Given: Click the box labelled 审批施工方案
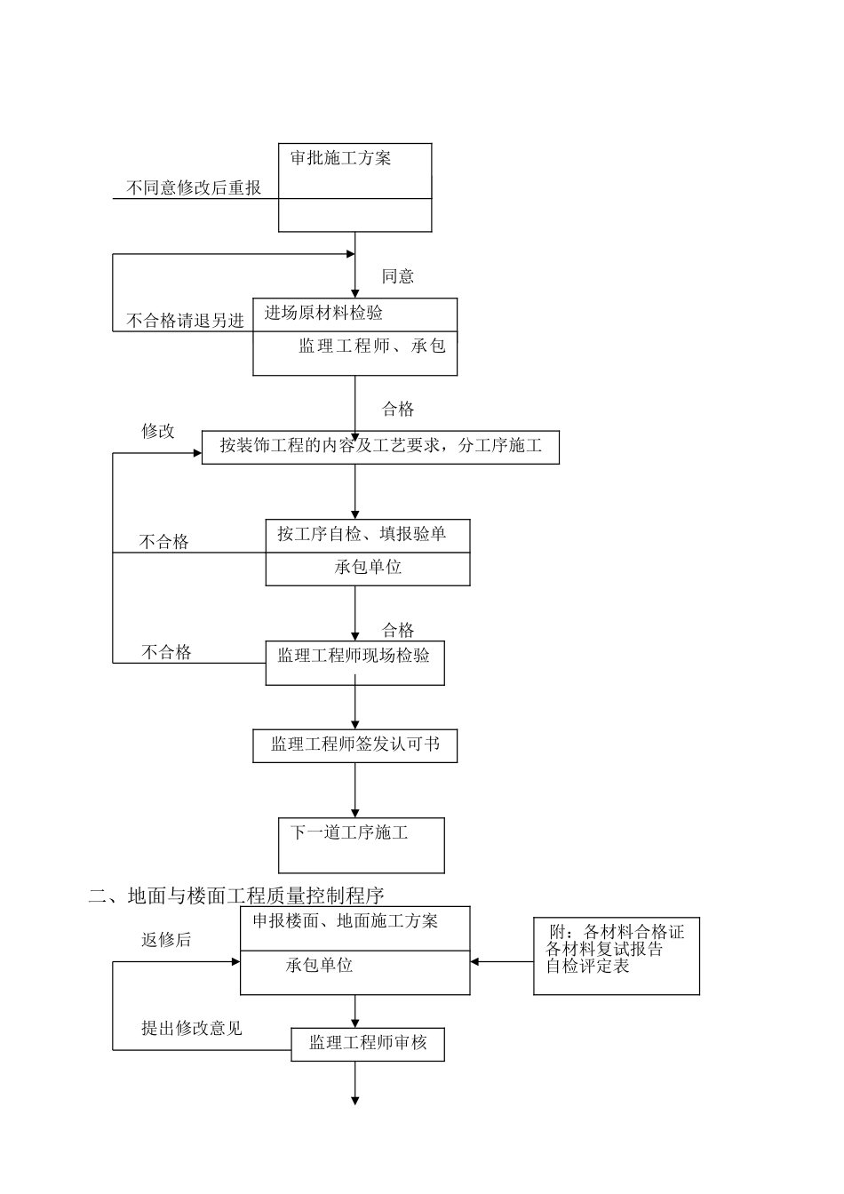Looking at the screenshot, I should (354, 187).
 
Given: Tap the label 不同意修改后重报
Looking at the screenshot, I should (194, 188).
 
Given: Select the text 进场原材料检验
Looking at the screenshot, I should (323, 313).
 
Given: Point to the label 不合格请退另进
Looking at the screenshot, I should (185, 321).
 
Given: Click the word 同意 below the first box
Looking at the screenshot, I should (397, 276).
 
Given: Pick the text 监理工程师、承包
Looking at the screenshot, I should (371, 346).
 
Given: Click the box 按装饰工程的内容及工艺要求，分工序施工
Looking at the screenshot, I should (380, 446).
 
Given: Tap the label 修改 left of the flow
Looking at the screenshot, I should (158, 432).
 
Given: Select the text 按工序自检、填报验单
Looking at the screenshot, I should (361, 534).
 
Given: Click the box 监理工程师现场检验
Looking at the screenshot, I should (354, 662).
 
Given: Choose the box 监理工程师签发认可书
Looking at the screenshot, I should (354, 745).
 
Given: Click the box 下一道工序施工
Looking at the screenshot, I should (361, 845).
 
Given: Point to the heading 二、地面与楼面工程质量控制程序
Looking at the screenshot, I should (236, 895).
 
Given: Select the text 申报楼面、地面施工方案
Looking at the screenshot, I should (345, 921).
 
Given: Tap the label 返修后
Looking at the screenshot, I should (166, 940).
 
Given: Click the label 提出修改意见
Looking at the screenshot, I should (191, 1029).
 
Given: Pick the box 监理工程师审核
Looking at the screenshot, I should (367, 1044).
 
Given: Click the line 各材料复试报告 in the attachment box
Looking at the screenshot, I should (604, 949).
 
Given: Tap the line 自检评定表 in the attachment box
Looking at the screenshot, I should (587, 966).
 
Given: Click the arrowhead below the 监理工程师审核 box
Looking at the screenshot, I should (355, 1101).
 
